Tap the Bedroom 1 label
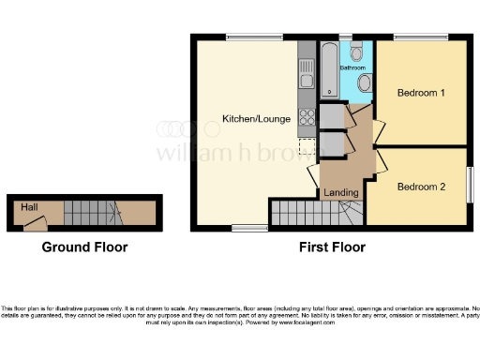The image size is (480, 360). [421, 93]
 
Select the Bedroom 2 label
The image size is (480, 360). [421, 187]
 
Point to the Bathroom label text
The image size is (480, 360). [352, 67]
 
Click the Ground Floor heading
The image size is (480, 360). [84, 247]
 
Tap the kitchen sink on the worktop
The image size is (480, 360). [307, 71]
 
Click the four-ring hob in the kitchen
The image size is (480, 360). [307, 117]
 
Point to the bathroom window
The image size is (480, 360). [345, 37]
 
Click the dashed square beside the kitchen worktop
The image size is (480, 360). [306, 146]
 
